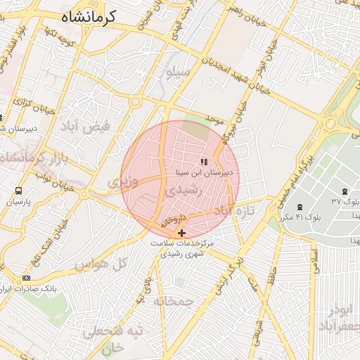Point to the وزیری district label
point(118,182)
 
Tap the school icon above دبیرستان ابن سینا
point(204,162)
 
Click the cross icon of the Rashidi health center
point(182,233)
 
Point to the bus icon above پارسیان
point(18,191)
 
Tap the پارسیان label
point(18,202)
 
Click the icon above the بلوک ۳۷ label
point(344,192)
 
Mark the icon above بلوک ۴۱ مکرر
point(300,207)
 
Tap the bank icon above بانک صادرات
point(27,278)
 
